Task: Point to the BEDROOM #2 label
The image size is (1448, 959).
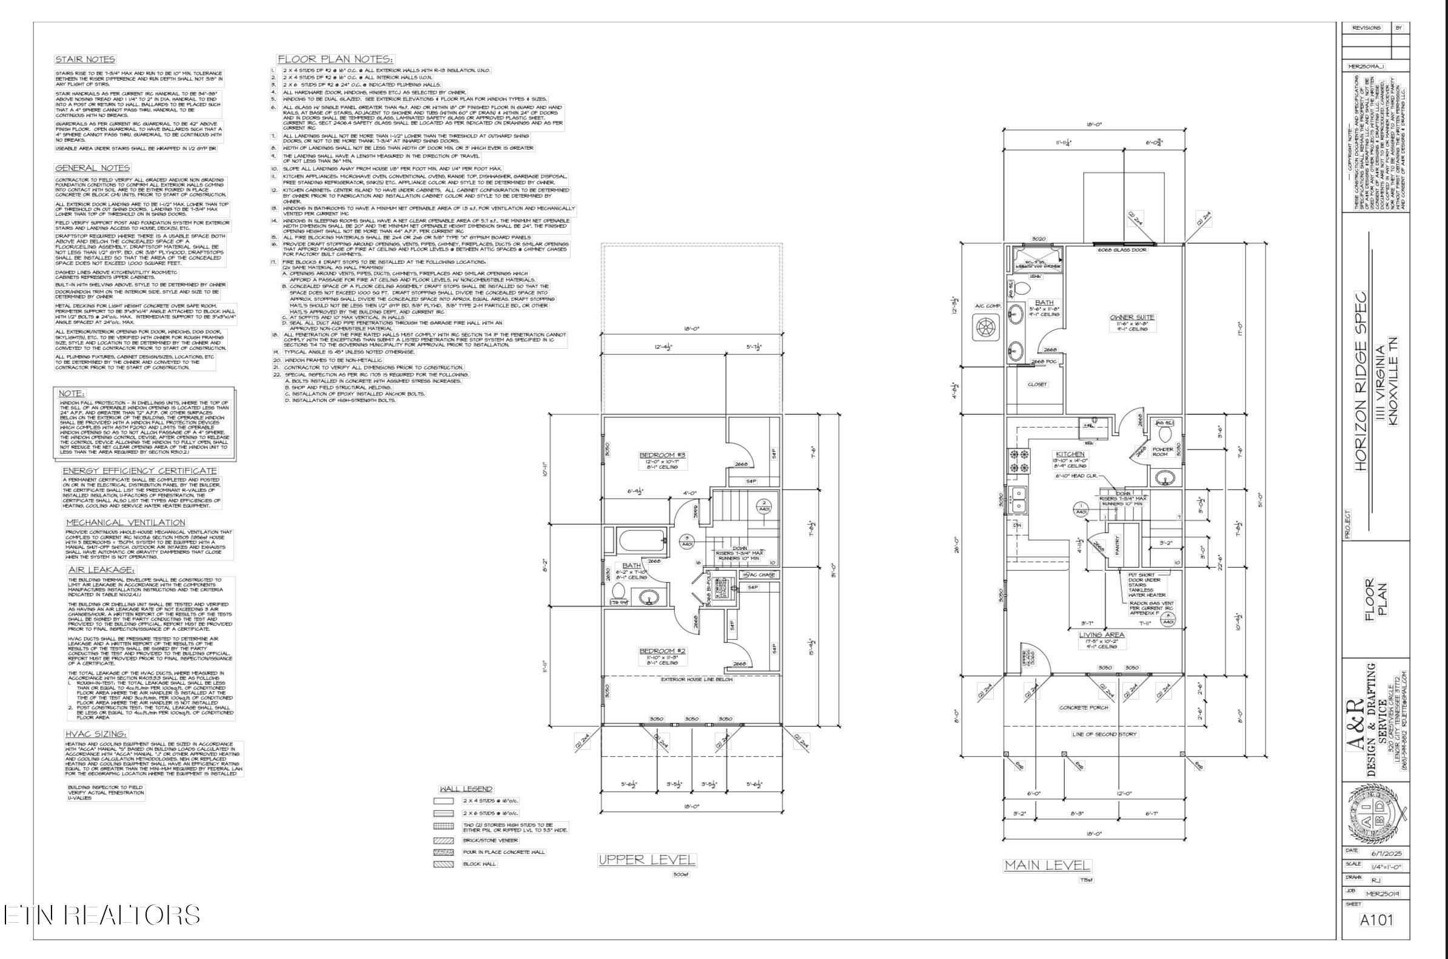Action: pos(663,651)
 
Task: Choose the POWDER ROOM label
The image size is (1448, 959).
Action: pos(1162,451)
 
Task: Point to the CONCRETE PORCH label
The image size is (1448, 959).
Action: pos(1083,708)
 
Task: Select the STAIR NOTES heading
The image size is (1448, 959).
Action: pos(84,59)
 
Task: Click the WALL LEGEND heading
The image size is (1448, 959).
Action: pos(466,789)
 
